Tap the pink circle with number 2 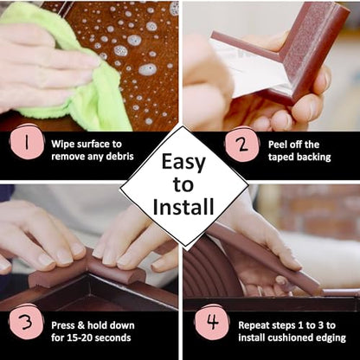[x=241, y=145]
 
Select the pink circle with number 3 [x=26, y=322]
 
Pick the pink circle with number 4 [x=213, y=322]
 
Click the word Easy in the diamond [x=183, y=163]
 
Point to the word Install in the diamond [x=183, y=207]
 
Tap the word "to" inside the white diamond [x=183, y=184]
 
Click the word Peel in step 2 [x=277, y=145]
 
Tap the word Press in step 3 [x=63, y=325]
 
